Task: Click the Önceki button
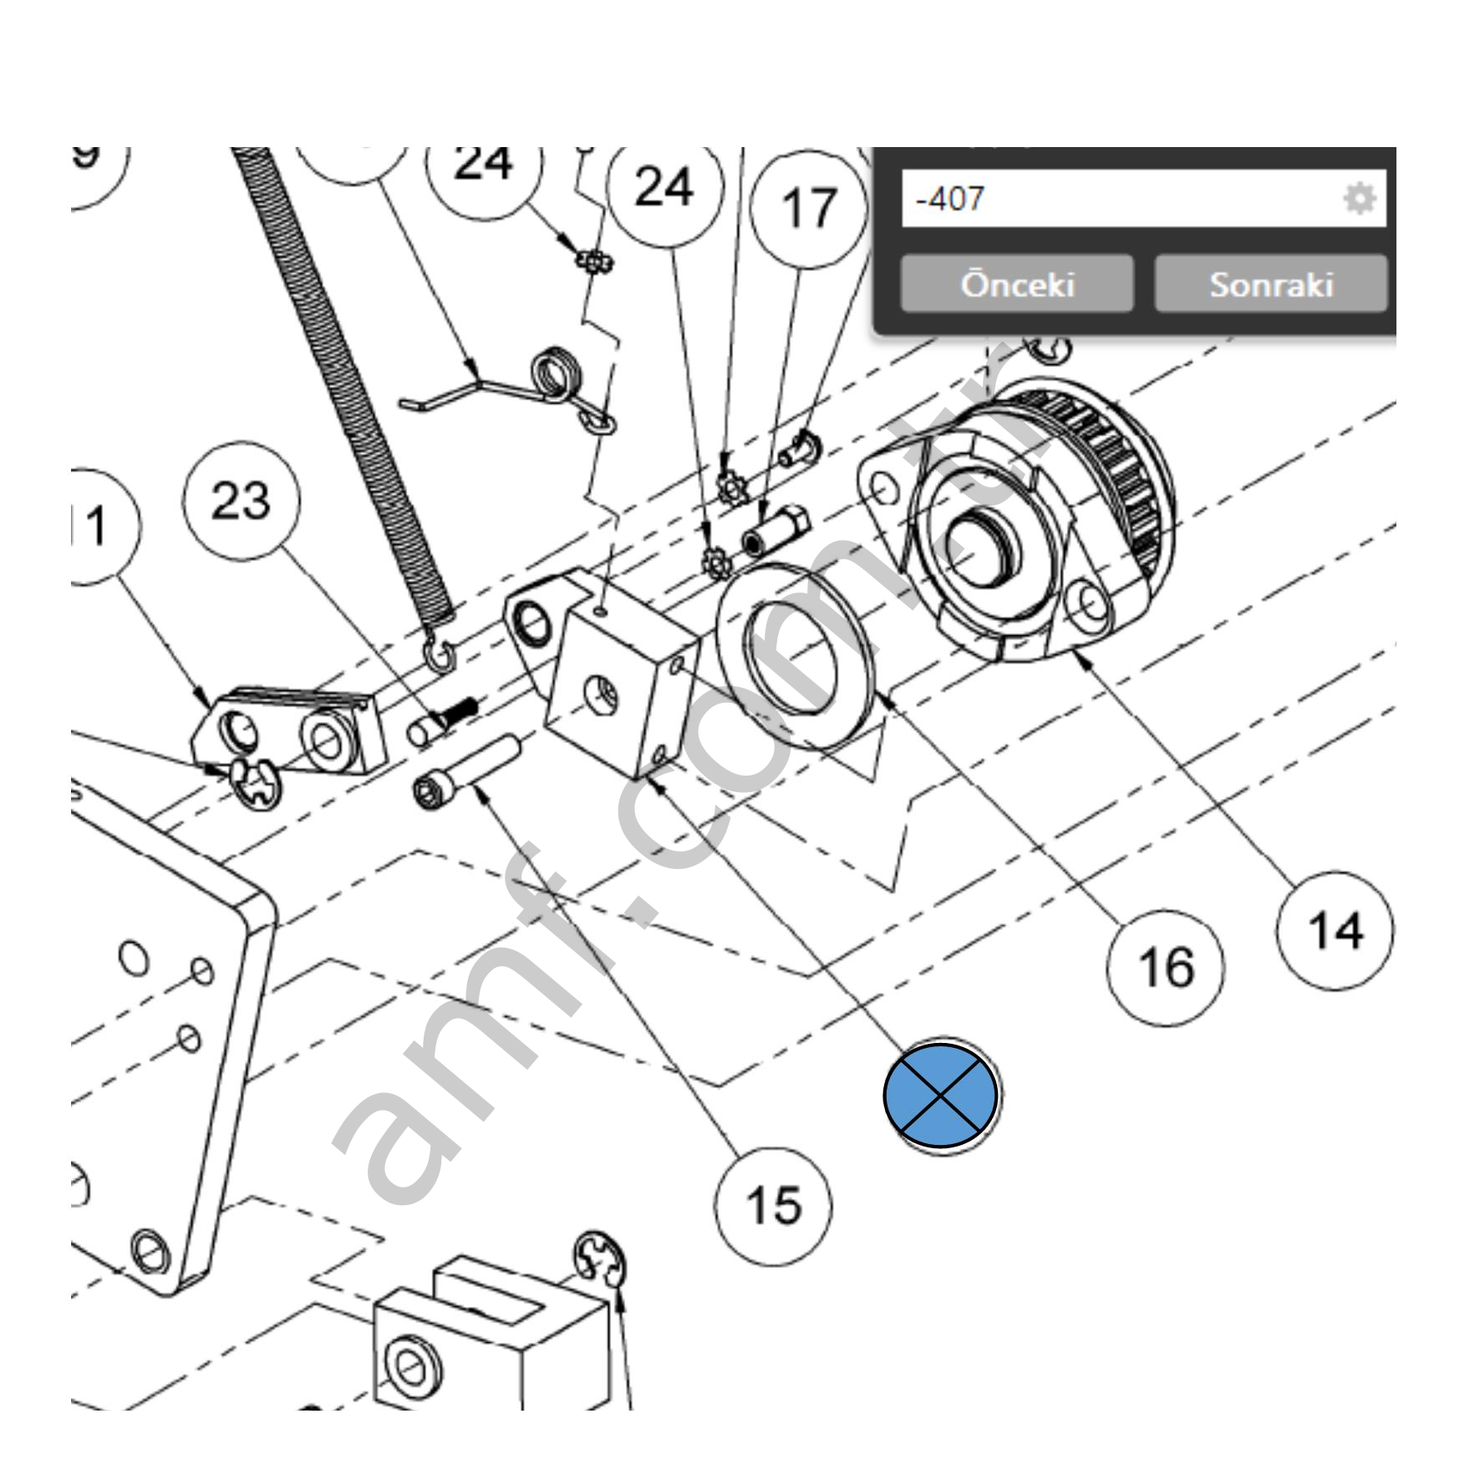pyautogui.click(x=1016, y=284)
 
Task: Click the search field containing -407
pyautogui.click(x=1120, y=199)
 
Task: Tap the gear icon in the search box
pyautogui.click(x=1359, y=199)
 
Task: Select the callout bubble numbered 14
pyautogui.click(x=1335, y=930)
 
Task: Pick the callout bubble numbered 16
pyautogui.click(x=1165, y=967)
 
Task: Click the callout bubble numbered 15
pyautogui.click(x=773, y=1206)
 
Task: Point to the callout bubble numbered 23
pyautogui.click(x=241, y=501)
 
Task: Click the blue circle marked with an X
pyautogui.click(x=941, y=1096)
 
